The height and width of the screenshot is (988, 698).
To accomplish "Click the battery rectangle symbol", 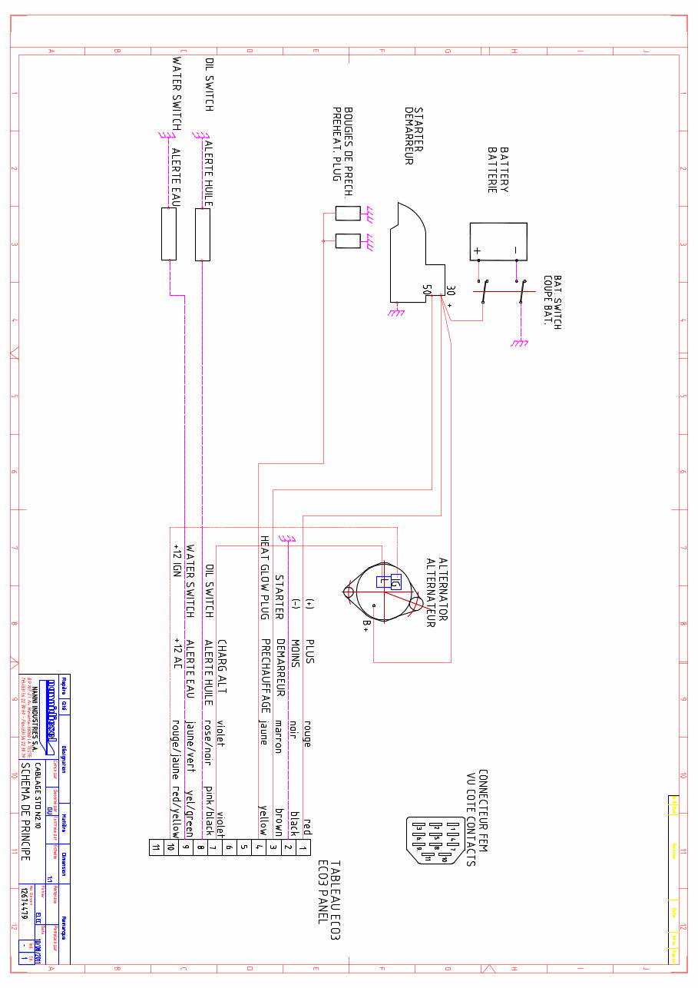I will (498, 241).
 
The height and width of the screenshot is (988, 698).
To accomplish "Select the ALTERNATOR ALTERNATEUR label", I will (436, 592).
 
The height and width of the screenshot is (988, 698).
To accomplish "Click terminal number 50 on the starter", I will (427, 290).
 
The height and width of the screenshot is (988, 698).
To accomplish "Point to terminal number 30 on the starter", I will (450, 291).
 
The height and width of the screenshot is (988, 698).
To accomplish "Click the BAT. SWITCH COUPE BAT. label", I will (552, 302).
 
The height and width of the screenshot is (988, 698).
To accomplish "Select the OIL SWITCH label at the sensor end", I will (209, 85).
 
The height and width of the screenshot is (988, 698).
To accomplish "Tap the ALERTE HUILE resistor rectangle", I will (203, 234).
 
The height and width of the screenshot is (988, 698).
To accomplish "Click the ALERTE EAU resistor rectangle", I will (169, 234).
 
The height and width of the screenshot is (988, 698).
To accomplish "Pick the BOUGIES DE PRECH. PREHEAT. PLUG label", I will (342, 144).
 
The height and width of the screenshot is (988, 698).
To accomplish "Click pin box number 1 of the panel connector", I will (303, 847).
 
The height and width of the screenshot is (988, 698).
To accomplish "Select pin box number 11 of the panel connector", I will (156, 847).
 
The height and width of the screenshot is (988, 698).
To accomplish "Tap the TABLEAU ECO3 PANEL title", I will (328, 892).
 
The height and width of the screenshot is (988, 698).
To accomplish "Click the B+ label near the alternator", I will (366, 627).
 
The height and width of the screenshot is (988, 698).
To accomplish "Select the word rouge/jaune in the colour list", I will (176, 738).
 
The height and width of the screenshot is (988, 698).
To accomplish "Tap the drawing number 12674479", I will (25, 903).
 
